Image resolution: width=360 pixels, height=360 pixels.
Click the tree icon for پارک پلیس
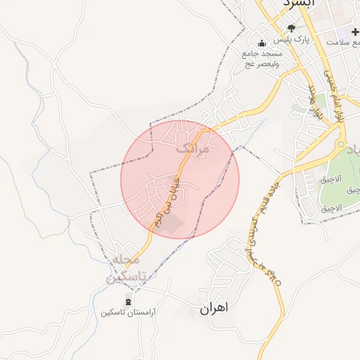pyautogui.click(x=291, y=28)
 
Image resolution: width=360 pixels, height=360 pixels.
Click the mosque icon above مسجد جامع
pyautogui.click(x=262, y=43)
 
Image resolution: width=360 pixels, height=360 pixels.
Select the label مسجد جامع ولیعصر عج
pyautogui.click(x=262, y=59)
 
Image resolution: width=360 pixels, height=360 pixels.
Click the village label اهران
pyautogui.click(x=214, y=308)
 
